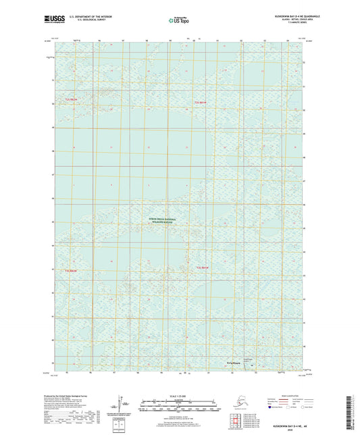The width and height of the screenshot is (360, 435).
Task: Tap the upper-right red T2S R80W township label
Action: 193,101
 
